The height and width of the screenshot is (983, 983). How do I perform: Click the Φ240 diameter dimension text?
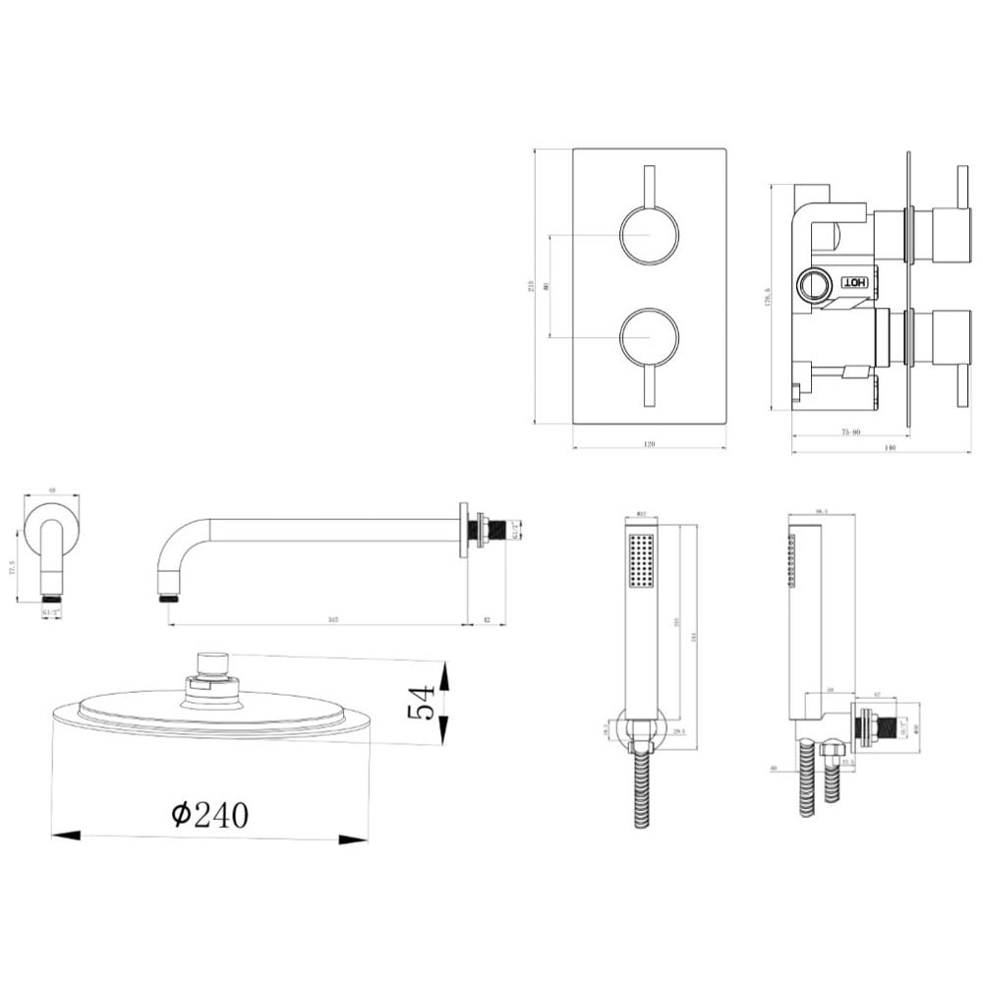(209, 815)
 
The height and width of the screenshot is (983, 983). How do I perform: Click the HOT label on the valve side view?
(854, 283)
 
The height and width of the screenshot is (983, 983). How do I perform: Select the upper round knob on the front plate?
(649, 235)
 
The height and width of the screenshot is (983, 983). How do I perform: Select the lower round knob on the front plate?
(649, 337)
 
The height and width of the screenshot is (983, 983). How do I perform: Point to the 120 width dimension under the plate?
(649, 444)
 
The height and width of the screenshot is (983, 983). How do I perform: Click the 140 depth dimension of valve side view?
(890, 447)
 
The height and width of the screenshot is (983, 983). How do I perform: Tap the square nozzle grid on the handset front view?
(641, 561)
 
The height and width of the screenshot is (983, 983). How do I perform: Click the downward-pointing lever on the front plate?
(649, 383)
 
